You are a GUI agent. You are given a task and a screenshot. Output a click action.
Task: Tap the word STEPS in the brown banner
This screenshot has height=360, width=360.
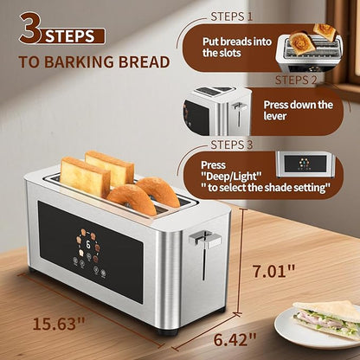coord(74,36)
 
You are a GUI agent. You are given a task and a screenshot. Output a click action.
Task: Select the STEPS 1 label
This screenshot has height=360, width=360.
coord(232,16)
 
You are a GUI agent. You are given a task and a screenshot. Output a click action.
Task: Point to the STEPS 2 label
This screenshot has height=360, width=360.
coord(296,80)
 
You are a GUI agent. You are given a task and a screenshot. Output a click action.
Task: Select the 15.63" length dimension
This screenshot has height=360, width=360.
coord(61,325)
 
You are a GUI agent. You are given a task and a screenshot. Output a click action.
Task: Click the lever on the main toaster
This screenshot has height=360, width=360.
coord(203,240)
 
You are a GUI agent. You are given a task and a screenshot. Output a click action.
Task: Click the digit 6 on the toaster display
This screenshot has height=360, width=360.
coord(88,246)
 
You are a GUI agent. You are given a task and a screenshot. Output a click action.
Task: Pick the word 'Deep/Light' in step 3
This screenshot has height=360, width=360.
coord(228,176)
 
